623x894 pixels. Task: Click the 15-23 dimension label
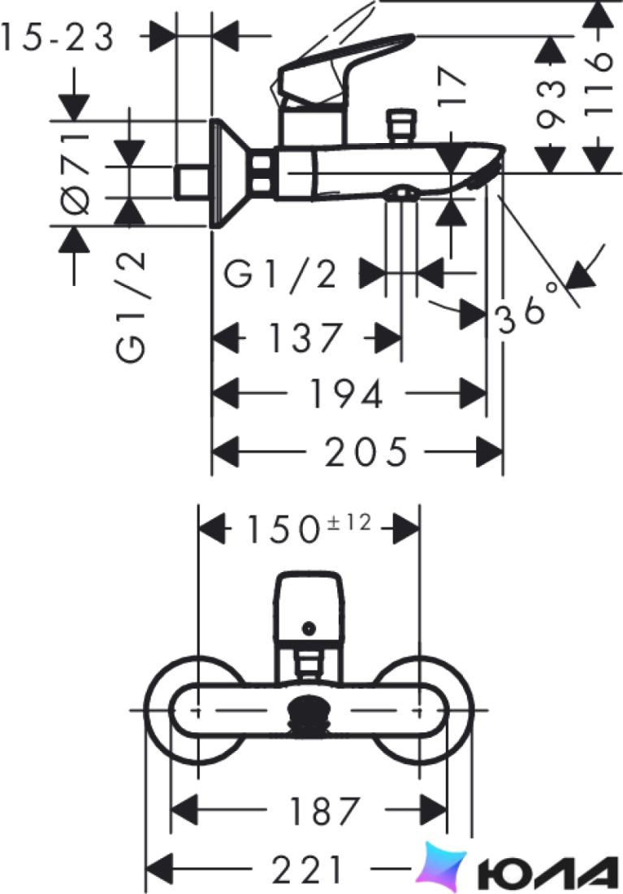[57, 37]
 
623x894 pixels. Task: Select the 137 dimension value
[305, 337]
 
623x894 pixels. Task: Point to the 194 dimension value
[345, 393]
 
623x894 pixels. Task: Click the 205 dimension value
[366, 452]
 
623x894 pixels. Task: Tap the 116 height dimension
[599, 85]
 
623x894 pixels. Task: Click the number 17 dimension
[452, 86]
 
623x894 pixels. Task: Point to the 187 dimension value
[324, 811]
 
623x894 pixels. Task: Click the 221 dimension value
[307, 870]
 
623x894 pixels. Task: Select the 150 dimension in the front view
[282, 529]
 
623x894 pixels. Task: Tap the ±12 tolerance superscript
[349, 523]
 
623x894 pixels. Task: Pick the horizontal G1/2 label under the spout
[280, 274]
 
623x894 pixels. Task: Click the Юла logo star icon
[440, 868]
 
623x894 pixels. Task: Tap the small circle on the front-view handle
[309, 629]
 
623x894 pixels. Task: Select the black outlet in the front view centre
[309, 714]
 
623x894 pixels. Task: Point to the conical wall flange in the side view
[230, 173]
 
